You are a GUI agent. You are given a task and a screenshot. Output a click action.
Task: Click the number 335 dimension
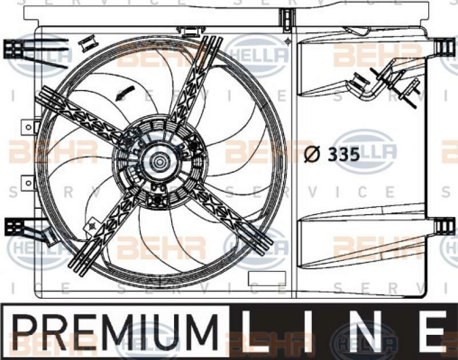pyautogui.click(x=343, y=155)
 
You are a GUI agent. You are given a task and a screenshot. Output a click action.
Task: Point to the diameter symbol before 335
pyautogui.click(x=312, y=155)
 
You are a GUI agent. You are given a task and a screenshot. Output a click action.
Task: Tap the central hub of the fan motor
pyautogui.click(x=158, y=163)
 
